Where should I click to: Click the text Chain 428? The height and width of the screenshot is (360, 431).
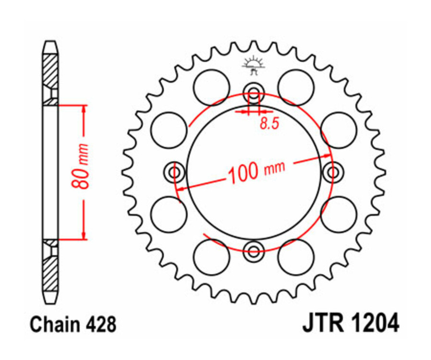pyautogui.click(x=73, y=324)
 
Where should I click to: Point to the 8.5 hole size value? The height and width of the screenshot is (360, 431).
pyautogui.click(x=269, y=124)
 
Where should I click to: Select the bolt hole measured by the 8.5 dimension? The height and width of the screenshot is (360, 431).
pyautogui.click(x=253, y=92)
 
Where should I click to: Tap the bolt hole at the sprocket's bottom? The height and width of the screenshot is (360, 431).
pyautogui.click(x=253, y=249)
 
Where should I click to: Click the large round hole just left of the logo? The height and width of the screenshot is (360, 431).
pyautogui.click(x=211, y=87)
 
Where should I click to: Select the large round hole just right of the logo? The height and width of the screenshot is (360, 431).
pyautogui.click(x=295, y=87)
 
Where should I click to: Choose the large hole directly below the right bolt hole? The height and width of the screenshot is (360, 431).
pyautogui.click(x=338, y=214)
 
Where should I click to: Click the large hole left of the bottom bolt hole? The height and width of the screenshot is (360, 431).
pyautogui.click(x=211, y=257)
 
